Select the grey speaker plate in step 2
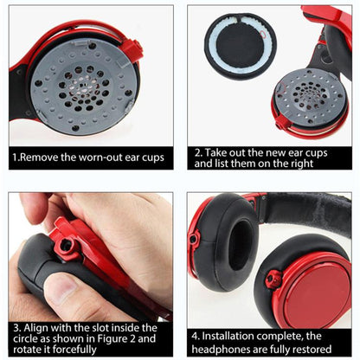pos(310,95)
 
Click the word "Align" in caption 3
pos(39,327)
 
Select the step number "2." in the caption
pos(199,151)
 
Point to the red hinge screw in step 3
pos(64,246)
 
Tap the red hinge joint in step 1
pos(132,49)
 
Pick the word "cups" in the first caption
pos(151,158)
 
